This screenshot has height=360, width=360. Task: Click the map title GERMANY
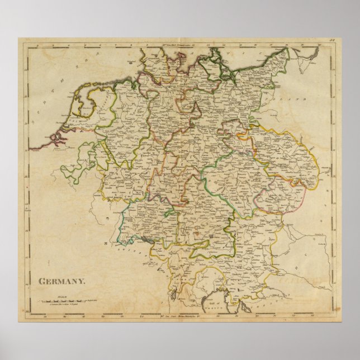tap(62, 282)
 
